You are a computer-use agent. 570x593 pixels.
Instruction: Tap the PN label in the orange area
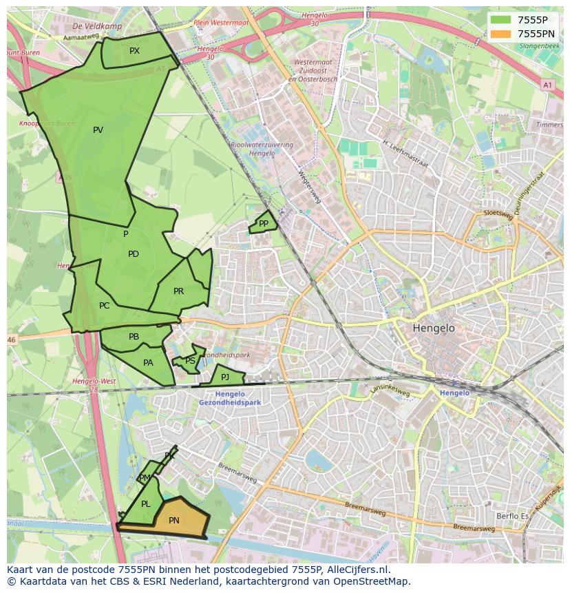coord(174,521)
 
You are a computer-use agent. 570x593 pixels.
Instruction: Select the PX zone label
coord(134,51)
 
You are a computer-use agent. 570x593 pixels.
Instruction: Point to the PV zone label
coord(98,130)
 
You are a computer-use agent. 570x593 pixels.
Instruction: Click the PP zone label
coord(264,224)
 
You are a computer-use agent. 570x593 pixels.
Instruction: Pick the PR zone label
coord(178,291)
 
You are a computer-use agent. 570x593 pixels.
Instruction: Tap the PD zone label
coord(134,254)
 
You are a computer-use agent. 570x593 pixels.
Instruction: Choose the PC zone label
coord(104,306)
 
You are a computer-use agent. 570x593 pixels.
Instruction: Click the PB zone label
coord(134,337)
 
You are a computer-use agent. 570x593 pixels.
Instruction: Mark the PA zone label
coord(148,363)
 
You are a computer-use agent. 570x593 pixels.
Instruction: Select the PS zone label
coord(190,361)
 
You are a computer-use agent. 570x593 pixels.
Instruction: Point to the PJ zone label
coord(225,377)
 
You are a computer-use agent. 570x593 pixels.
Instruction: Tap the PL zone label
coord(145,504)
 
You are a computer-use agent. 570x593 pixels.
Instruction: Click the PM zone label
coord(145,478)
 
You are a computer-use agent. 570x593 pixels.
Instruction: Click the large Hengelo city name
coord(434,329)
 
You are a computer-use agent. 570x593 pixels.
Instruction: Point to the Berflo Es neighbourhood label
coord(512,516)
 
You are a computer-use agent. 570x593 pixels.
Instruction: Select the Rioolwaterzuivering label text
coord(262,145)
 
